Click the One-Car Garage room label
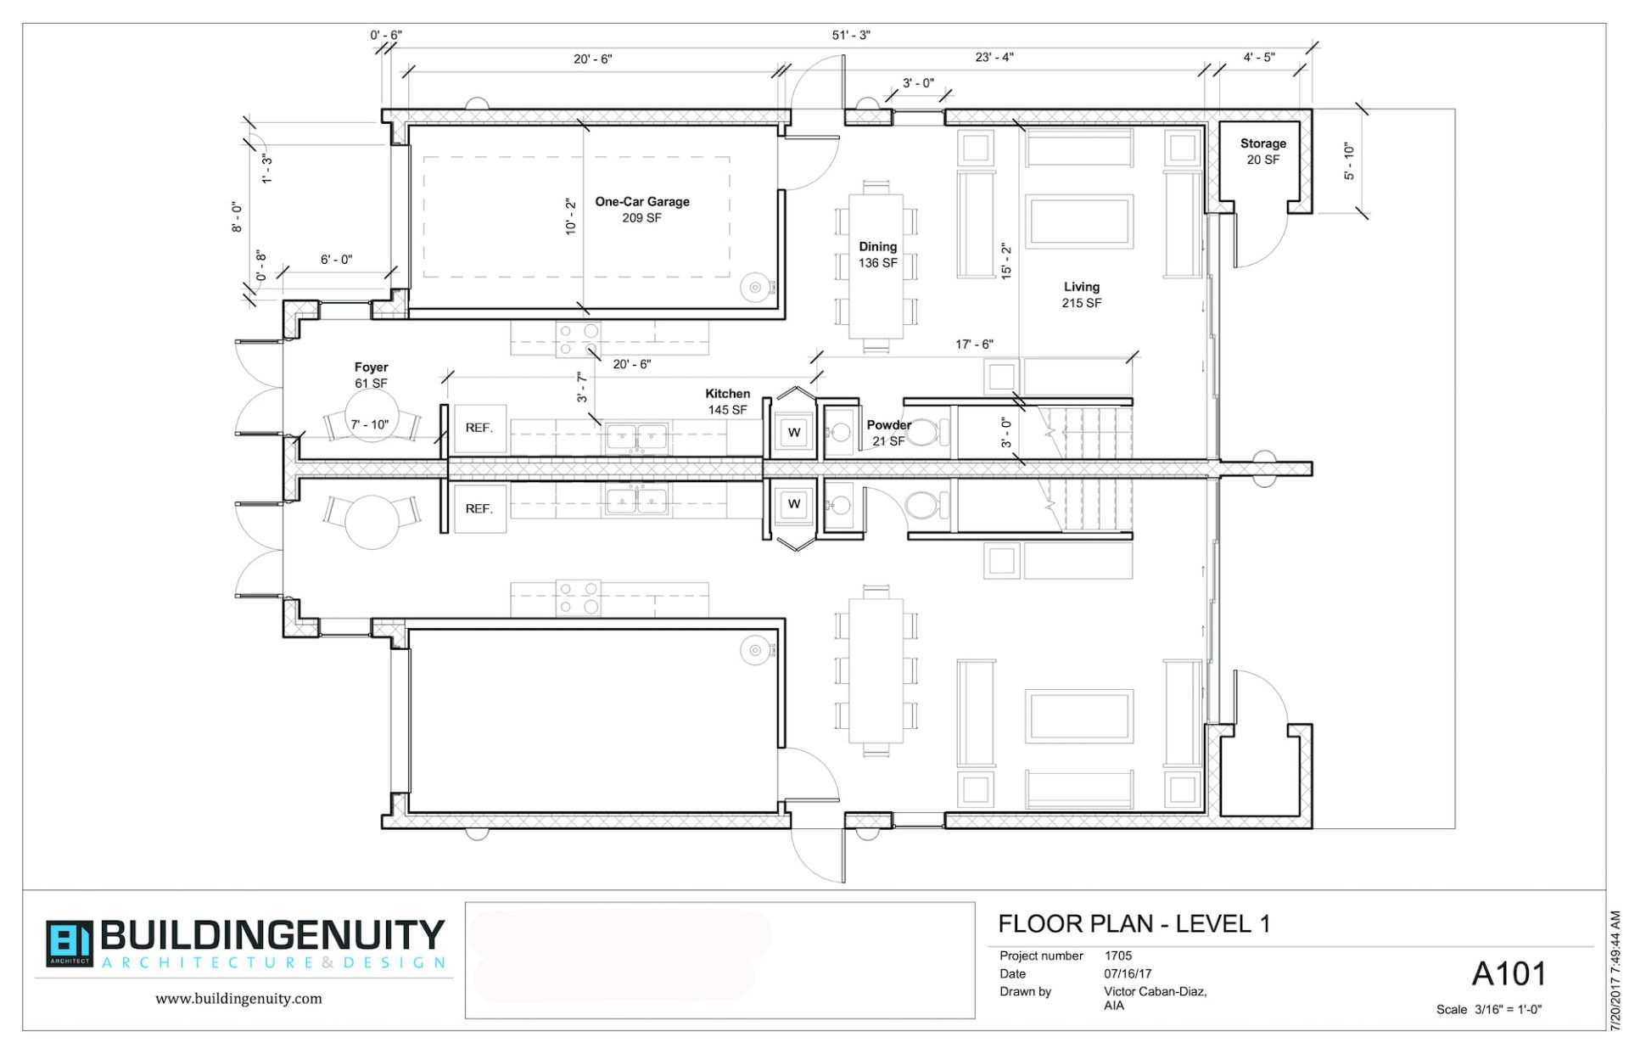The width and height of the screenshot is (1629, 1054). (641, 209)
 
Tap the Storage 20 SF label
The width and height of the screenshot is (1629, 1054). (1262, 151)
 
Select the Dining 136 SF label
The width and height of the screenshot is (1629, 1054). (877, 254)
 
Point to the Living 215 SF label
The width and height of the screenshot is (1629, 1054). (1081, 294)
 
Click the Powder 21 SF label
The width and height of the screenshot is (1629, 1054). (888, 432)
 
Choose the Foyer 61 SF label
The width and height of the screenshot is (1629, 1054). (371, 375)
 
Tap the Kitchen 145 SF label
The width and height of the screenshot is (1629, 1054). (727, 401)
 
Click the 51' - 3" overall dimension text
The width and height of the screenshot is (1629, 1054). (851, 36)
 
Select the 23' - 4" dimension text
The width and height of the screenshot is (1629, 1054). (994, 58)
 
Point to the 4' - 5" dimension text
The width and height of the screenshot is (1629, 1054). (1258, 58)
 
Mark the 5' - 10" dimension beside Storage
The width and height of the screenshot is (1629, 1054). (1349, 161)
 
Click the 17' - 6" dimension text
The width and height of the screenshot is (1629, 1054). (974, 345)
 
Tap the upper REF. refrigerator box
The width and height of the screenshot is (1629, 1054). (479, 428)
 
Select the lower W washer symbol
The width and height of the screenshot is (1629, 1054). (794, 504)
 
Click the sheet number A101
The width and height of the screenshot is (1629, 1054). (1509, 974)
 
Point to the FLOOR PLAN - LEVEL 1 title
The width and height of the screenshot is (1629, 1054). (1134, 924)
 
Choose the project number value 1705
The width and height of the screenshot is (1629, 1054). (1118, 956)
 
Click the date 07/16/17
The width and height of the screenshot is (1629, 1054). (1128, 973)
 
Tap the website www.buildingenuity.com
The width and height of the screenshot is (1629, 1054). (238, 999)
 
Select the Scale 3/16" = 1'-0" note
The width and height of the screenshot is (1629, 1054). (1488, 1010)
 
